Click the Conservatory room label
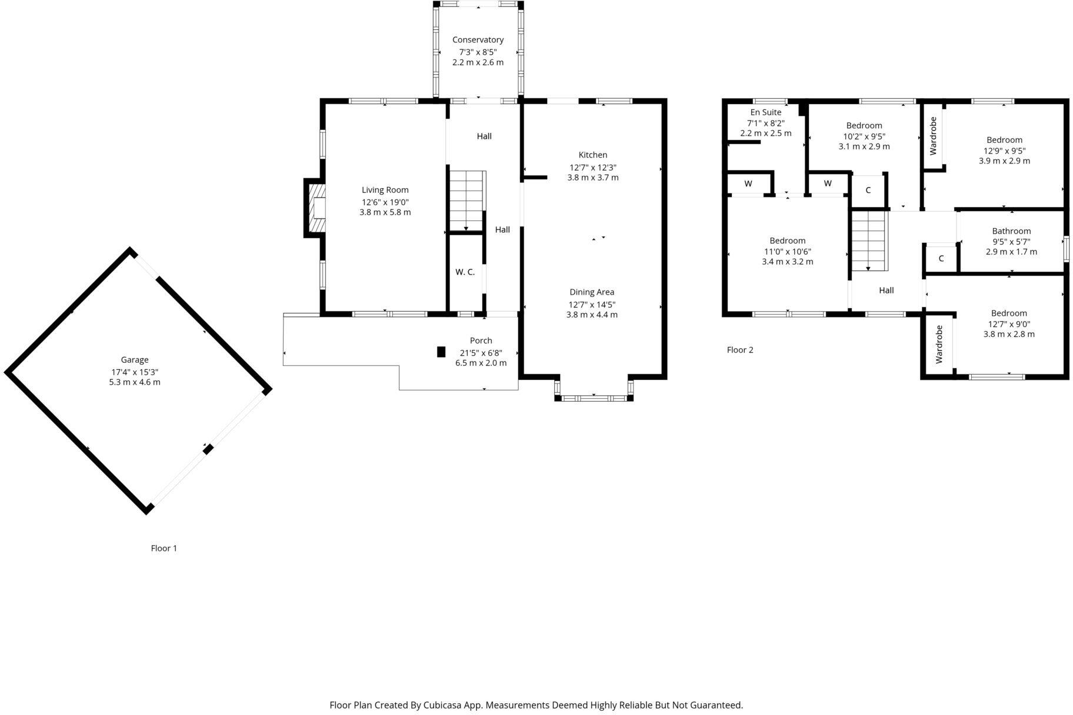[x=478, y=40]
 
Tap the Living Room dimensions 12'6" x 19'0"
[x=385, y=202]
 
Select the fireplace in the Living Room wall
[x=316, y=208]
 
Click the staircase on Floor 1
[x=466, y=201]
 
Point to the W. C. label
[x=465, y=272]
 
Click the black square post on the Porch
[x=441, y=352]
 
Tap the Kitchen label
[x=592, y=155]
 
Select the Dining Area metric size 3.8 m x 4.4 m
[x=592, y=315]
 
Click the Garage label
[x=135, y=360]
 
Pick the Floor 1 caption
[x=164, y=548]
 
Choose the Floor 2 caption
[x=739, y=350]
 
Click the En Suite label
[x=765, y=112]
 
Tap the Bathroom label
[x=1011, y=231]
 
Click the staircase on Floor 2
[x=868, y=240]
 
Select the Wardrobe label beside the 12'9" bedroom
[x=933, y=136]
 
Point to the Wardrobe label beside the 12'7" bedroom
[x=939, y=344]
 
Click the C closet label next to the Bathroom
[x=941, y=259]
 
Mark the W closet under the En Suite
[x=748, y=183]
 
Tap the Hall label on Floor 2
[x=886, y=290]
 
